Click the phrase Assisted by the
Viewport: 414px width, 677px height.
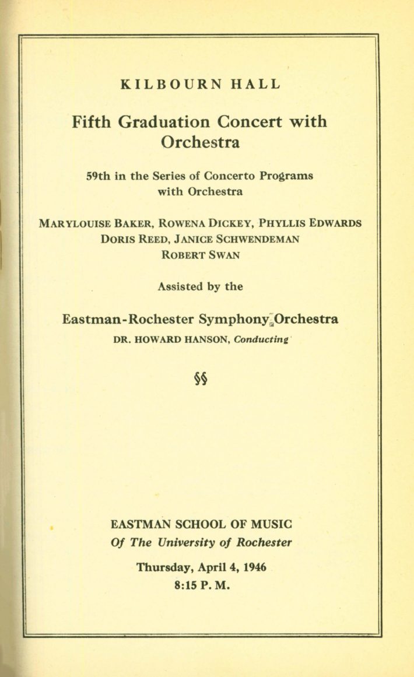200,286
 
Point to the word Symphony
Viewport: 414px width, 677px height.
235,320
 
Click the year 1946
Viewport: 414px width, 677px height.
252,567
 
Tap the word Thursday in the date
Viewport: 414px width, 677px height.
159,567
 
